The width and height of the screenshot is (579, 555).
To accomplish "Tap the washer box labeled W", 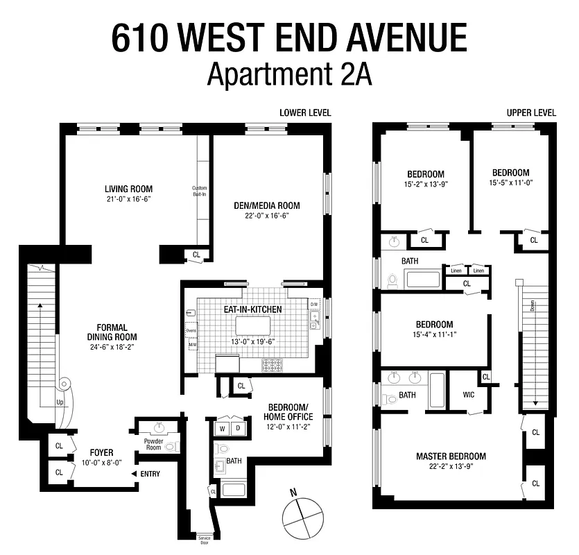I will tap(223, 429).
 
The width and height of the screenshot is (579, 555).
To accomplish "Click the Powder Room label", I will tap(153, 445).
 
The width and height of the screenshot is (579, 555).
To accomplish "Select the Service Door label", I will tap(204, 540).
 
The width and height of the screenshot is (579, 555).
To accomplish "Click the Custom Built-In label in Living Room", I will tap(200, 191).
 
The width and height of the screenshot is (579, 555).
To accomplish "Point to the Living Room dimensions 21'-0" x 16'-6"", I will tap(128, 199).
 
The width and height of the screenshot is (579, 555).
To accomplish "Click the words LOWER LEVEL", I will tap(305, 112).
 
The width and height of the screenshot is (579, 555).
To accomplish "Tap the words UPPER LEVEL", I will tap(531, 112).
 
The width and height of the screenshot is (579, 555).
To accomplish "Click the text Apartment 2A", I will tap(289, 74).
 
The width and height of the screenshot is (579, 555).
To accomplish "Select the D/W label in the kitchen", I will tap(313, 304).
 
